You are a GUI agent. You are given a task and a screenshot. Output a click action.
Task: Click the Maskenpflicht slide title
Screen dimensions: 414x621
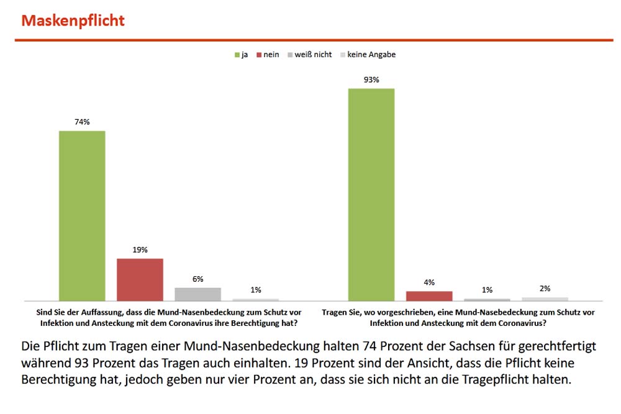tap(73, 20)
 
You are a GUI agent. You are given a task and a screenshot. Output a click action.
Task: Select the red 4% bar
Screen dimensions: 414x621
tap(429, 295)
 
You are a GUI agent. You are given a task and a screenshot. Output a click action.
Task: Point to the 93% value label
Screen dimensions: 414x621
tap(371, 79)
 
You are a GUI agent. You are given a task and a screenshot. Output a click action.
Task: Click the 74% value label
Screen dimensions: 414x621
tap(82, 122)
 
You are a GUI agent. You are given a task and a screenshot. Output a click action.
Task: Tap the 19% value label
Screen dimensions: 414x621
tap(140, 250)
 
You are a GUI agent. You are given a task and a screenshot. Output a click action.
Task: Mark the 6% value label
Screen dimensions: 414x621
tap(197, 279)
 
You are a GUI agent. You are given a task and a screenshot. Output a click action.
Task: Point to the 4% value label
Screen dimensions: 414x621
tap(429, 282)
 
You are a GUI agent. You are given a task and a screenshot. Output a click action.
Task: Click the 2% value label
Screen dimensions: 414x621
tap(545, 289)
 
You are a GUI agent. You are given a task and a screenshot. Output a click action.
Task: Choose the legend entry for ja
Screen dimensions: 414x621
tap(242, 55)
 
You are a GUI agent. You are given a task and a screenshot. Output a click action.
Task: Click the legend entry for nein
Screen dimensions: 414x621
tap(267, 55)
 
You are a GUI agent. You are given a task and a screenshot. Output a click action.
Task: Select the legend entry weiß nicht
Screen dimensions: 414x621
tap(309, 55)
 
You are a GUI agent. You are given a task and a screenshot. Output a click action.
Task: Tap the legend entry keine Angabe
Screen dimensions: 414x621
tap(368, 55)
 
